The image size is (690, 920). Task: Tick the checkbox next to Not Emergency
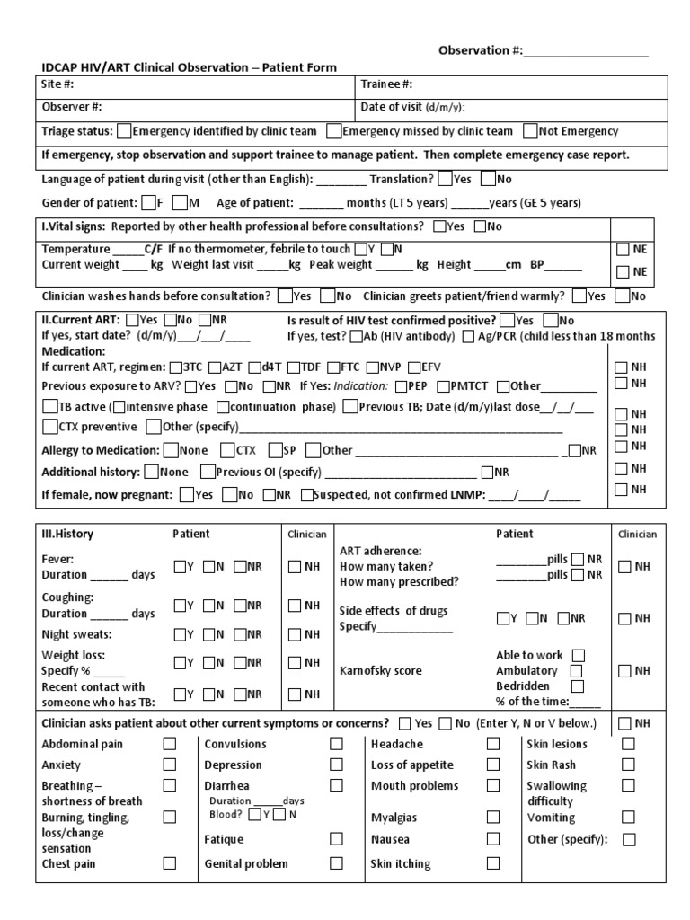click(x=531, y=131)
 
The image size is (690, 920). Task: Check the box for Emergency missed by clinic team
click(x=334, y=131)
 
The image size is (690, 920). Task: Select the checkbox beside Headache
click(x=493, y=744)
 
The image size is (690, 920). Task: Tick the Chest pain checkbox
click(x=169, y=863)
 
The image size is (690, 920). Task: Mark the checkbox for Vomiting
click(x=628, y=818)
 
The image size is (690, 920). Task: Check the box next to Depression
click(x=336, y=765)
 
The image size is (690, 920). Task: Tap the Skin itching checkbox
click(x=493, y=863)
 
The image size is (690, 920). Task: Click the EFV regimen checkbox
click(x=413, y=367)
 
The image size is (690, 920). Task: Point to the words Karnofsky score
click(x=380, y=670)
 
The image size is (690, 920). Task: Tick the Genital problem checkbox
click(x=336, y=863)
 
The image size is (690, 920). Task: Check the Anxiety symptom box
click(x=169, y=765)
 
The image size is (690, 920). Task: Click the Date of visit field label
click(x=412, y=107)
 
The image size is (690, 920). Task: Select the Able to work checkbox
click(x=579, y=655)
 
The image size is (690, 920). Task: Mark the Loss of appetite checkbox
click(x=493, y=765)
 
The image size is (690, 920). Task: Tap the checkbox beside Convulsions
click(x=336, y=744)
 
